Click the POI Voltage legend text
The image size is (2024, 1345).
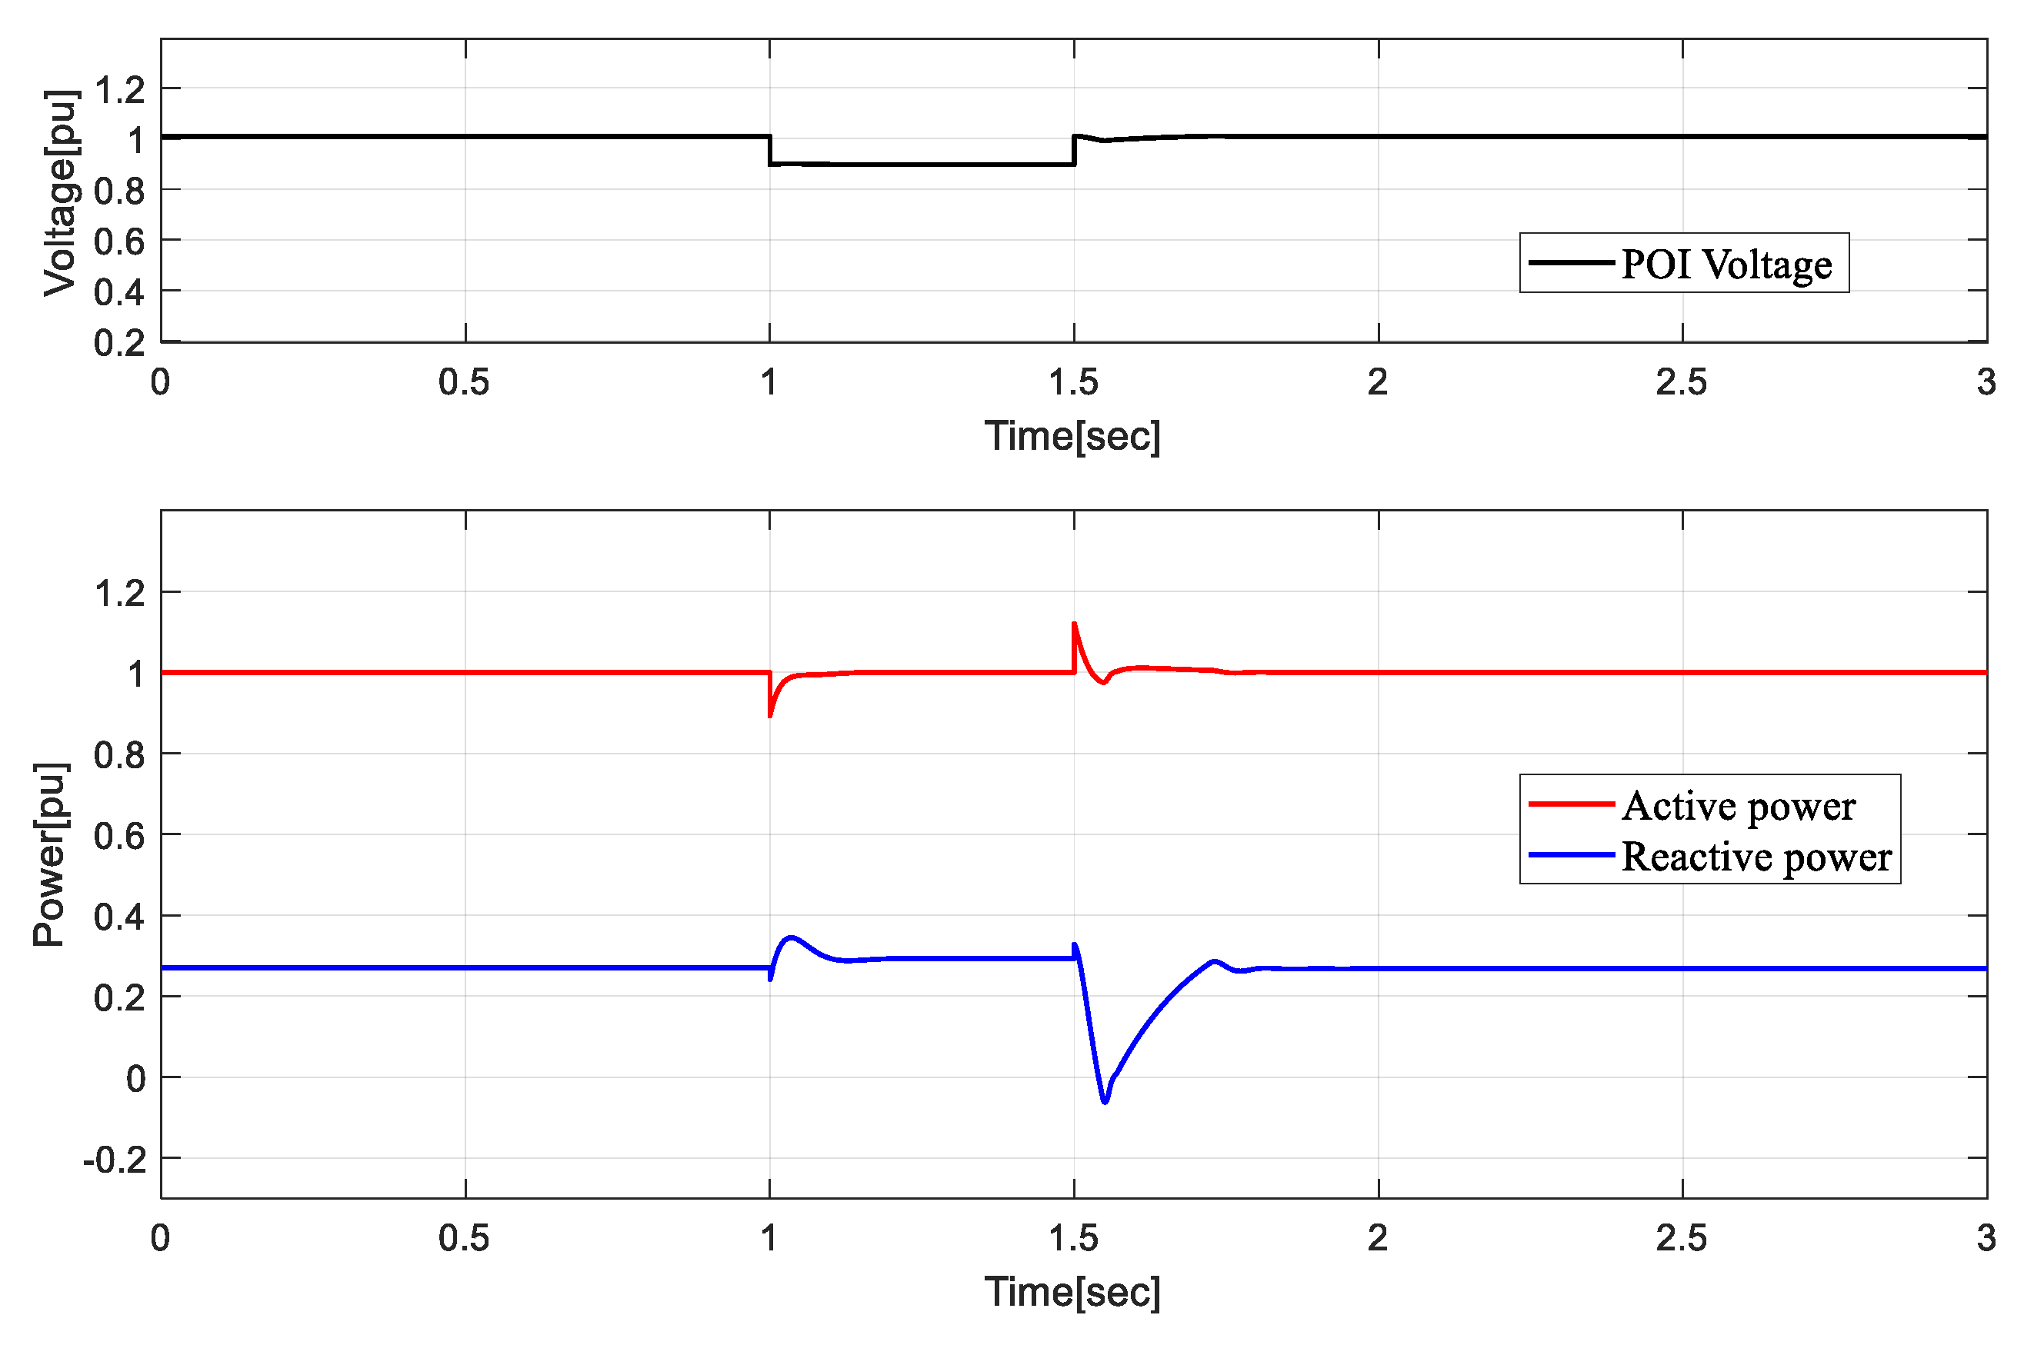[x=1726, y=265]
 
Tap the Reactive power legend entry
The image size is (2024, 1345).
[x=1756, y=857]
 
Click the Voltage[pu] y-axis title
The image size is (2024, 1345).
[x=62, y=192]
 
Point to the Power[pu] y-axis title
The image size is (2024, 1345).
[x=50, y=854]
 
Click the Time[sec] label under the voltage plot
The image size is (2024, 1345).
[x=1072, y=436]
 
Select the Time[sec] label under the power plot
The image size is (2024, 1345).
[x=1072, y=1292]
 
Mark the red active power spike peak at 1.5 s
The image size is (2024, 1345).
[x=1074, y=624]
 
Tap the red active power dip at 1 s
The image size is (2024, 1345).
[x=771, y=715]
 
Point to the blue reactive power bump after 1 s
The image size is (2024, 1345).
[x=790, y=937]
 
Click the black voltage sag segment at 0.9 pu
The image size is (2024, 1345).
[x=922, y=164]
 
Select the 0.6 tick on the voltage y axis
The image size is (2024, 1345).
[x=119, y=242]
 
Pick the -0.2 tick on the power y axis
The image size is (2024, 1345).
[x=114, y=1160]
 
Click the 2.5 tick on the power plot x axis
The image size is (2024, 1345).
[x=1681, y=1239]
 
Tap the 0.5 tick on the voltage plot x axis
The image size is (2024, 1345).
[x=464, y=382]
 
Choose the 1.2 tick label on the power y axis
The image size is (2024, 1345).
[x=119, y=594]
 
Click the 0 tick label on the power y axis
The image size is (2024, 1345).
[x=135, y=1079]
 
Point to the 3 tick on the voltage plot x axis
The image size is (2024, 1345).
[x=1986, y=382]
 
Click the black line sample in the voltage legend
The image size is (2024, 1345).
[x=1570, y=262]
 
